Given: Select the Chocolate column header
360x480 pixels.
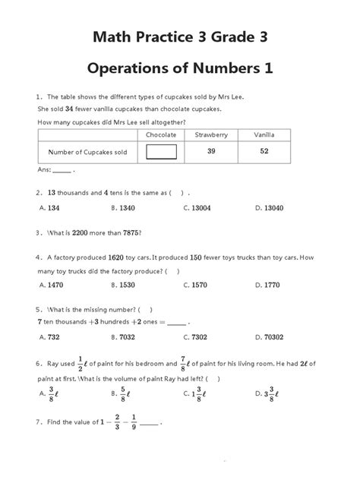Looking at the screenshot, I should point(161,134).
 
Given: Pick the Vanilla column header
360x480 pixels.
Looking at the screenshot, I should point(264,134).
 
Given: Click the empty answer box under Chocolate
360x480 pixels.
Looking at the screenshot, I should point(161,152).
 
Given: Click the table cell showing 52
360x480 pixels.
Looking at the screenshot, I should point(264,151).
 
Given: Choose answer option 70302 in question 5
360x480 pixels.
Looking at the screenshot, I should point(273,336).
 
